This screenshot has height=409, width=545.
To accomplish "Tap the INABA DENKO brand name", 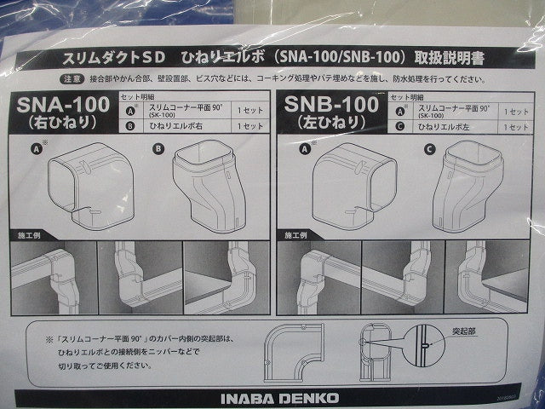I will point(272,397).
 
